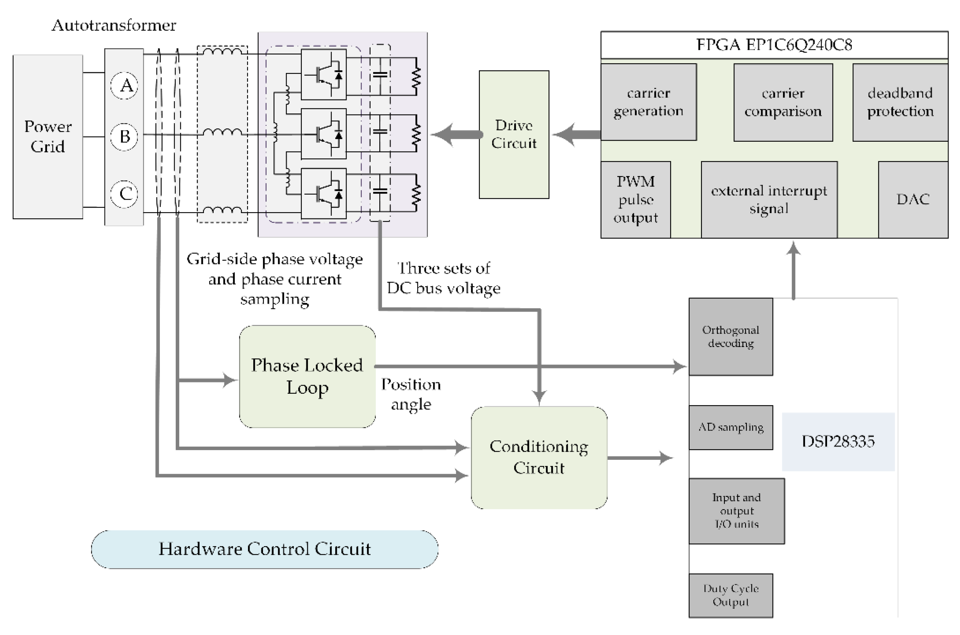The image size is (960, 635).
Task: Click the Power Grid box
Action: coord(48,137)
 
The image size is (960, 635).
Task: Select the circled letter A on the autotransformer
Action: coord(124,85)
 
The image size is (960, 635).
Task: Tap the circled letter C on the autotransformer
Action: coord(124,194)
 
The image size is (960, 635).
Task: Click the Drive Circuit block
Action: coord(514,135)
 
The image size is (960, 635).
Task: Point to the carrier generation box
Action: coord(648,102)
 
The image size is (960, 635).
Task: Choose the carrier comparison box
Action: coord(783,102)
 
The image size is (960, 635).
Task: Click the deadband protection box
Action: coord(900,102)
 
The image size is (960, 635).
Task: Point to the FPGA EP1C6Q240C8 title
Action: coord(774,44)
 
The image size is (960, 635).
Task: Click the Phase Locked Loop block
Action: coord(307,376)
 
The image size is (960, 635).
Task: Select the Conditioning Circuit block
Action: coord(539,457)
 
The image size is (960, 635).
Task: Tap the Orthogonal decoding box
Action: coord(730,337)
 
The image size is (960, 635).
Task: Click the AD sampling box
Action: coord(730,427)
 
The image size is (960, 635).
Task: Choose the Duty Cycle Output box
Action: coord(730,595)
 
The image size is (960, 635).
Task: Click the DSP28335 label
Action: coord(838,441)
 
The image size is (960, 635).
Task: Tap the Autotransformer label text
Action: coord(114,26)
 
